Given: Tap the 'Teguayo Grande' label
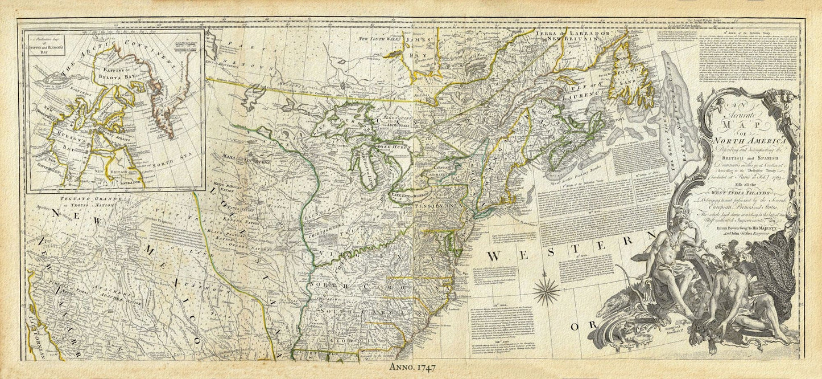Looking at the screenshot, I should click(x=85, y=199).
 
